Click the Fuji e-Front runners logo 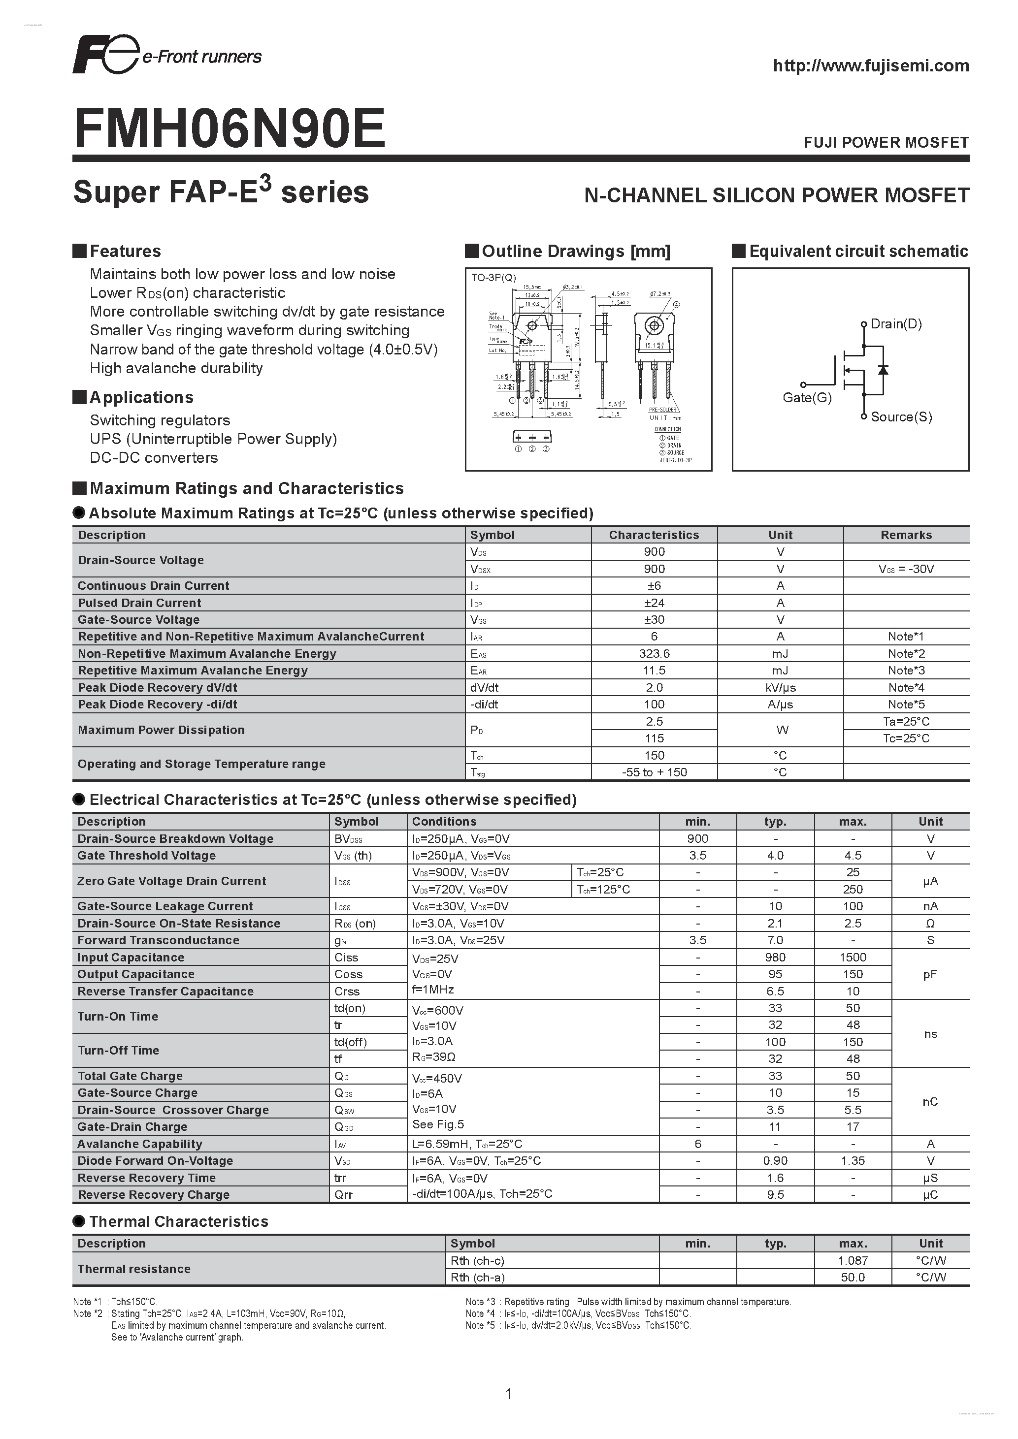pos(166,55)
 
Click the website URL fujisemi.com pos(870,66)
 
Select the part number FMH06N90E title pos(230,128)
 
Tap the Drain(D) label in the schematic pos(896,324)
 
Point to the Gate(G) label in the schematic pos(807,397)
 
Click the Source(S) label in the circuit pos(901,417)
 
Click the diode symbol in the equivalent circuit pos(883,370)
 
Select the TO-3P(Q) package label pos(493,278)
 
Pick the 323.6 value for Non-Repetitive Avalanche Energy pos(654,654)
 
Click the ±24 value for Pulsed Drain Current pos(654,603)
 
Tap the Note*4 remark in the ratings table pos(906,688)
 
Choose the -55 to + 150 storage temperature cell pos(654,773)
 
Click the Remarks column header pos(906,535)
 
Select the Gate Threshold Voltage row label pos(146,856)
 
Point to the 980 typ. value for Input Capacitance pos(775,958)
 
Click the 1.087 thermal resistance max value pos(853,1260)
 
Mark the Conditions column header pos(444,822)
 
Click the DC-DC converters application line pos(154,458)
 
